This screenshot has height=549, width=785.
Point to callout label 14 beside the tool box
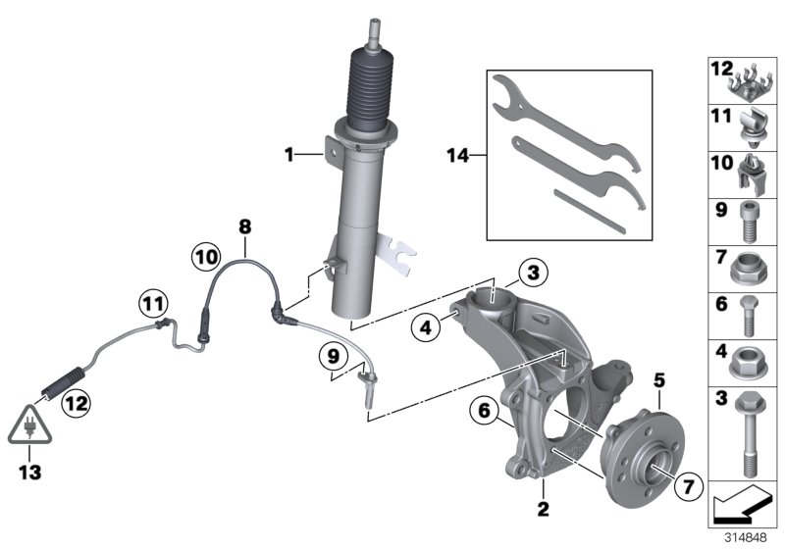[x=458, y=154]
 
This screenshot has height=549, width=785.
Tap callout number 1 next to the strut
[x=289, y=153]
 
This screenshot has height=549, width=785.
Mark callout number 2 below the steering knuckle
[x=542, y=509]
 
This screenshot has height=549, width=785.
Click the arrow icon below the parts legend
[x=740, y=506]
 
